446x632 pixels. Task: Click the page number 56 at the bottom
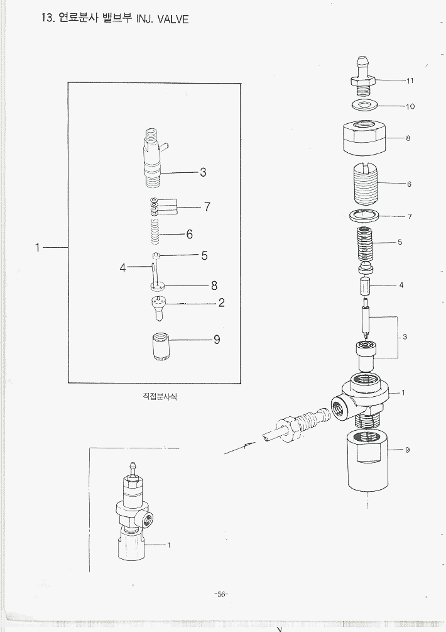pyautogui.click(x=221, y=594)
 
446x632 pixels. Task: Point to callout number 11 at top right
pyautogui.click(x=410, y=80)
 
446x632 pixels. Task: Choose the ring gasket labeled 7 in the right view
pyautogui.click(x=363, y=216)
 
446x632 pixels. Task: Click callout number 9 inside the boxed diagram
pyautogui.click(x=217, y=340)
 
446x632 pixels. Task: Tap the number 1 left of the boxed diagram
pyautogui.click(x=37, y=248)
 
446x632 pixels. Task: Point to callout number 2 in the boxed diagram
pyautogui.click(x=221, y=302)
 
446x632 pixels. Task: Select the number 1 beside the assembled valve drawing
pyautogui.click(x=169, y=545)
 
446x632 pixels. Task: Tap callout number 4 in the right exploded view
pyautogui.click(x=401, y=285)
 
